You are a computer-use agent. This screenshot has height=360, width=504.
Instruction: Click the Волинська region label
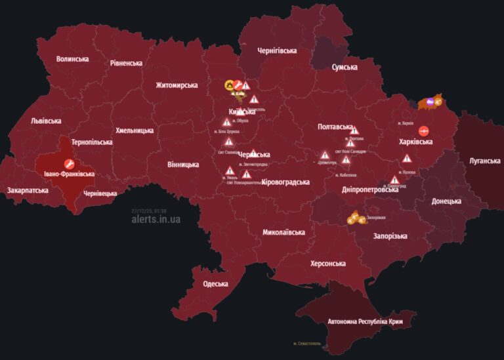[72, 59]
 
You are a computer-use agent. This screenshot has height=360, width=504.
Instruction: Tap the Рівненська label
[126, 64]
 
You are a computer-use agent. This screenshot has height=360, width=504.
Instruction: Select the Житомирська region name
[177, 85]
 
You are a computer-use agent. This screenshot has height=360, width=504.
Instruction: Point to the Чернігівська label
[277, 50]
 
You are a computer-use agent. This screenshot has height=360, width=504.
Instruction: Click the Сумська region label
[345, 67]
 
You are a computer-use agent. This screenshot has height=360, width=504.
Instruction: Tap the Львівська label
[46, 121]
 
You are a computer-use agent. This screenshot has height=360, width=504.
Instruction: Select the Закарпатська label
[28, 190]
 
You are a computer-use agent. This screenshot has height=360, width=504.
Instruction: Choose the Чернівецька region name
[100, 193]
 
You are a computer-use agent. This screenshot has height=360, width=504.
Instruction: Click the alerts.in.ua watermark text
[156, 220]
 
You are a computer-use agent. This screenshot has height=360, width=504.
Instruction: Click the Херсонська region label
[328, 264]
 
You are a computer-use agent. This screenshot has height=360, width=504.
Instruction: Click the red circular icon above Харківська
[423, 130]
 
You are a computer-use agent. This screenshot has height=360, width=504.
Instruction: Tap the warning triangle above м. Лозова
[407, 158]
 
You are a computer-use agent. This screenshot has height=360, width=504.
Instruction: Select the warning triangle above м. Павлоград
[394, 179]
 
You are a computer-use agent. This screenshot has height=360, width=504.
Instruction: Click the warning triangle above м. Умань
[230, 170]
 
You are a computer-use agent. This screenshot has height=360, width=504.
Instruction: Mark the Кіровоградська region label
[285, 182]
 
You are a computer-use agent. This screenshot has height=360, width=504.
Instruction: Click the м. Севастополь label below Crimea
[308, 344]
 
